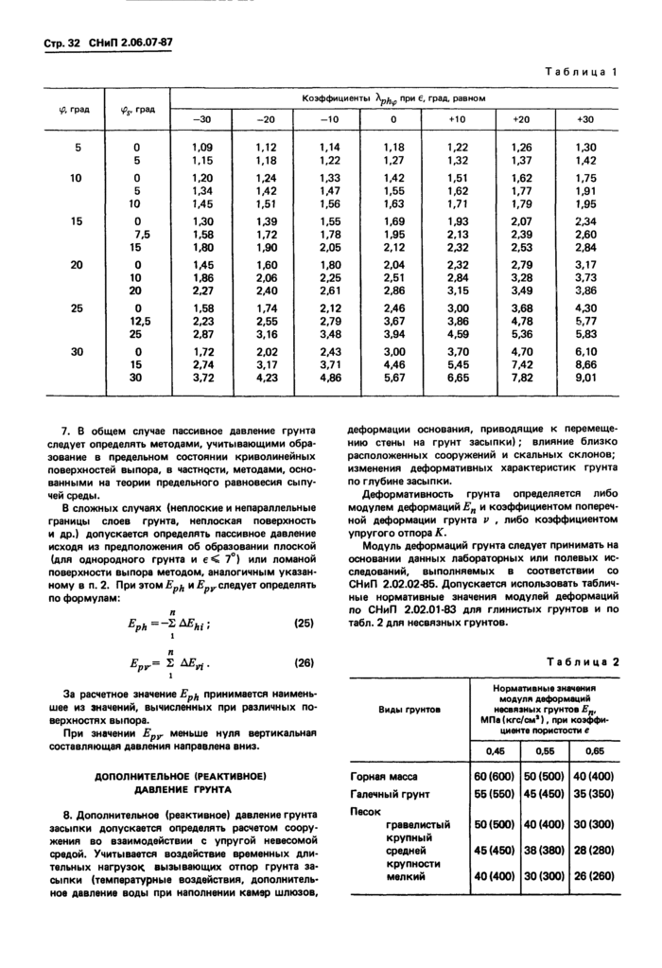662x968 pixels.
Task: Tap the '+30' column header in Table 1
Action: pos(585,120)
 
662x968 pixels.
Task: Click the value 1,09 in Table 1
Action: pos(202,148)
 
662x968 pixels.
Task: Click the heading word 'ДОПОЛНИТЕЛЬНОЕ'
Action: pos(145,776)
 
